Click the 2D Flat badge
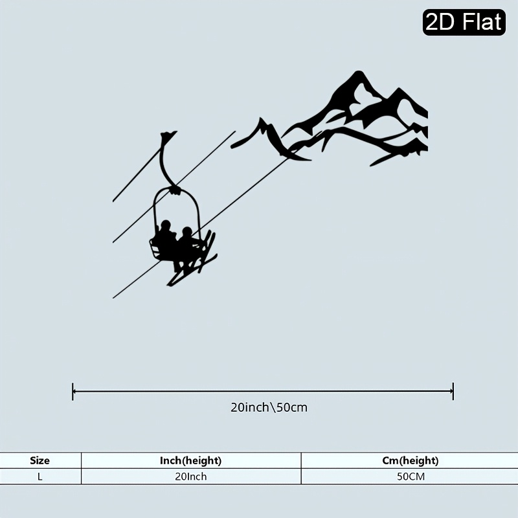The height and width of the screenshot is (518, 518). click(x=464, y=22)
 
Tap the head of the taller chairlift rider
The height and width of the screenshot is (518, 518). click(x=165, y=225)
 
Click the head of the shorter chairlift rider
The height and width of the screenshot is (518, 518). click(x=187, y=232)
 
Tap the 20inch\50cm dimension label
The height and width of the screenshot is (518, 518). click(x=269, y=407)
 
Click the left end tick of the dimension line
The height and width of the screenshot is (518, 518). click(x=73, y=392)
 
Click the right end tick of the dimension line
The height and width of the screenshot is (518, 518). click(x=453, y=392)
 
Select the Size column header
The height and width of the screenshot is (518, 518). click(x=39, y=460)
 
